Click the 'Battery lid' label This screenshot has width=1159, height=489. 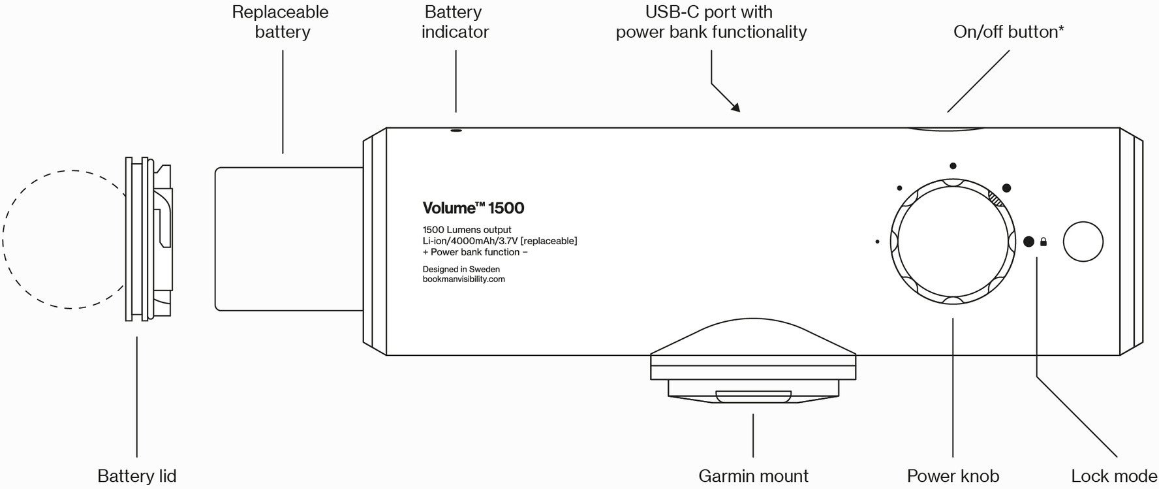tap(136, 476)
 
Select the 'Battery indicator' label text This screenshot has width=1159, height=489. tap(455, 22)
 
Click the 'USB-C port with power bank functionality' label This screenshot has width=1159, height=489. tap(711, 22)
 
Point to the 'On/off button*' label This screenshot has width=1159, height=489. tap(1008, 31)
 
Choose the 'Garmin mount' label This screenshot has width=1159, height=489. tap(753, 476)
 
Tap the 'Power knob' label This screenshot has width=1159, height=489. tap(953, 476)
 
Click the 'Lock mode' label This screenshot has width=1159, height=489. tap(1114, 476)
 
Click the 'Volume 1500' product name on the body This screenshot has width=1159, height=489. tap(473, 208)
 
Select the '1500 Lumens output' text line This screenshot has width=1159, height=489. tap(467, 230)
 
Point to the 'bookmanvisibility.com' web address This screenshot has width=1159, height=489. tap(463, 279)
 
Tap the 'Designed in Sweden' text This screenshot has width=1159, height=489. tap(461, 269)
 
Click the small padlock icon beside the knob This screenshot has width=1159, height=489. tap(1043, 242)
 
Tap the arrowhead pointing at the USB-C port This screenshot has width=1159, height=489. tap(735, 107)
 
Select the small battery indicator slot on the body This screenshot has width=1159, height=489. tap(456, 131)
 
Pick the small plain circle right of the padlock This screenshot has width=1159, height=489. tap(1083, 242)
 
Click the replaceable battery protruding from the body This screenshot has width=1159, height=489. tap(289, 238)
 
